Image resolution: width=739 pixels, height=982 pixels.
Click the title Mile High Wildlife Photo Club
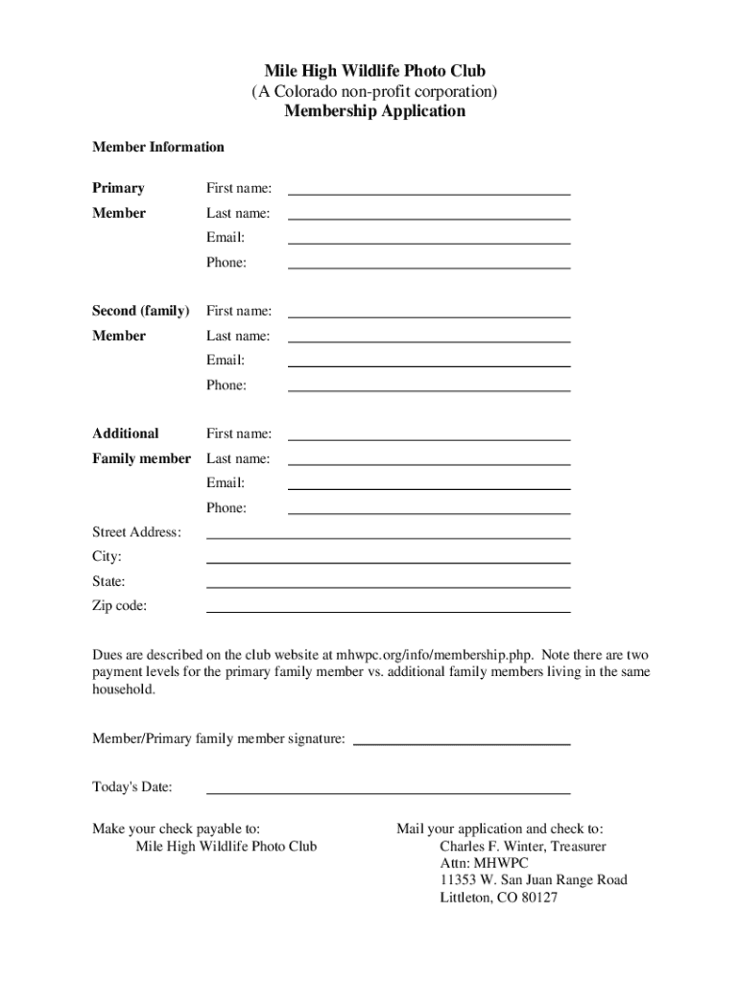pyautogui.click(x=375, y=71)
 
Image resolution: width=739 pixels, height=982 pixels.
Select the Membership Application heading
pyautogui.click(x=375, y=111)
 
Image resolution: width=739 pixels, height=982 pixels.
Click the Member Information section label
pyautogui.click(x=158, y=147)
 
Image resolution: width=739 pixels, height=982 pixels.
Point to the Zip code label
pyautogui.click(x=120, y=606)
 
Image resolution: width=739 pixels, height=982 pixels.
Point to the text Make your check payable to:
pyautogui.click(x=176, y=829)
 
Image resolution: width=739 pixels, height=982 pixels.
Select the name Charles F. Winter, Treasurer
pyautogui.click(x=523, y=847)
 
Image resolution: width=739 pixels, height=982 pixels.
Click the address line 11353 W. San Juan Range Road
pyautogui.click(x=534, y=880)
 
